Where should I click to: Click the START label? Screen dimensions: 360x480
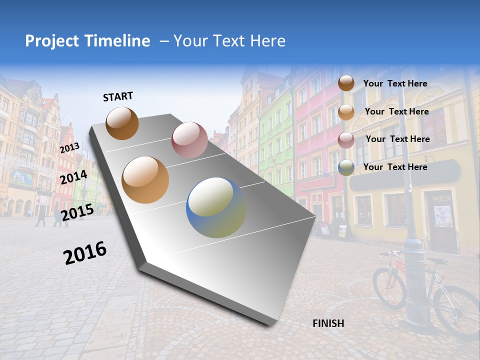point(118,96)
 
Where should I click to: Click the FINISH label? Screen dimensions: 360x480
point(328,323)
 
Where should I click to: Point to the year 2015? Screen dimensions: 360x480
point(77,212)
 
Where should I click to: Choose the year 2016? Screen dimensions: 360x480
point(85,252)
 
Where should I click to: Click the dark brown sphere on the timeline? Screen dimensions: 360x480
point(122,123)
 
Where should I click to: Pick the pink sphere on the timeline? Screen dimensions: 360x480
point(189,140)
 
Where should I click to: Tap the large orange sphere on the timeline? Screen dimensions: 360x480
point(145,179)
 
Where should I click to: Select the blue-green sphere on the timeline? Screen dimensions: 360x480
point(216,207)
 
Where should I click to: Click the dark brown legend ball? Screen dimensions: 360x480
point(346,83)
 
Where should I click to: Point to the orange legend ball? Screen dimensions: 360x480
point(346,111)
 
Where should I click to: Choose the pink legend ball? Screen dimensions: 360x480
point(346,139)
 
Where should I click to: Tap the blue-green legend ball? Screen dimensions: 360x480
point(346,167)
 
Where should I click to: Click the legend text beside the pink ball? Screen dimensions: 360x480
point(397,139)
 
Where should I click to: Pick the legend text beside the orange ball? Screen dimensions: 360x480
point(396,111)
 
